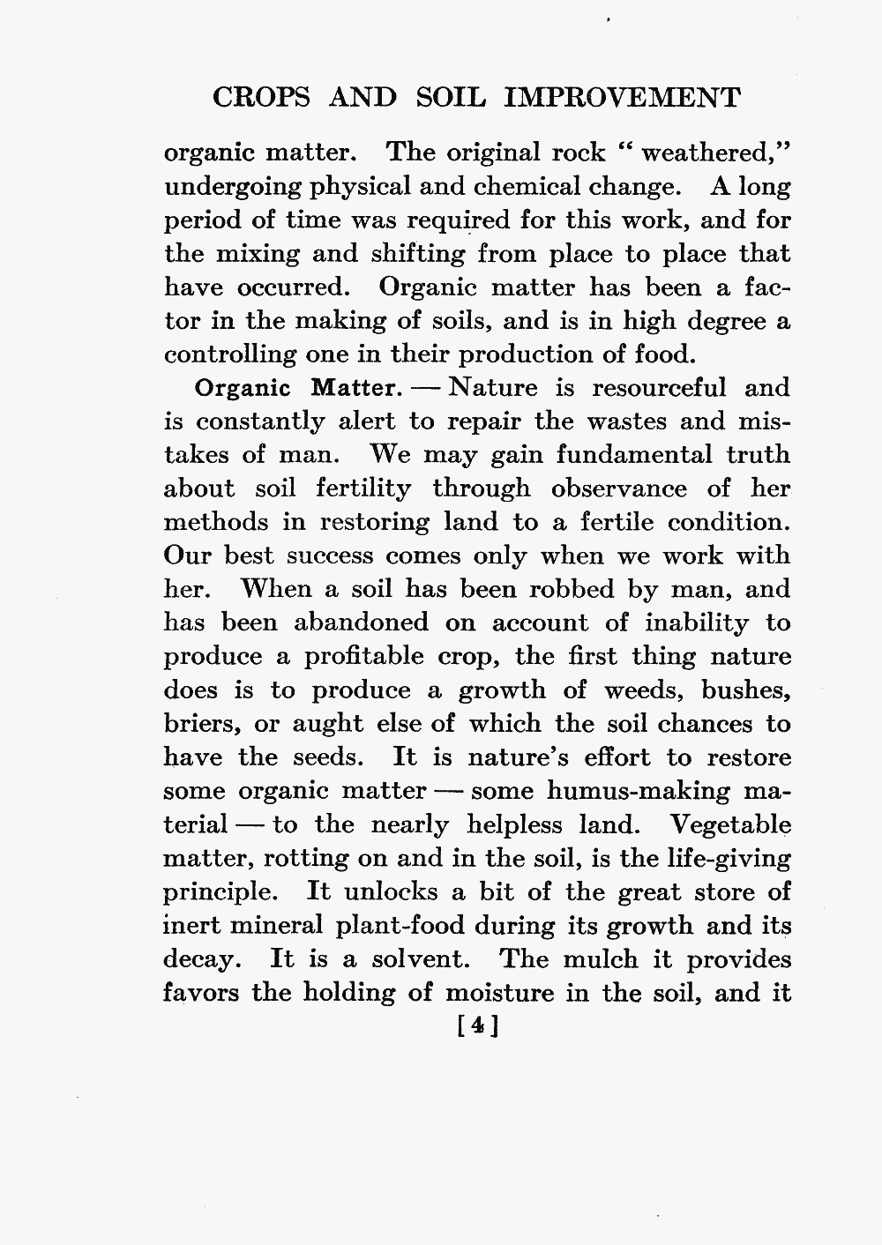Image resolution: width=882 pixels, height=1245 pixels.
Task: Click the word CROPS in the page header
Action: [x=262, y=97]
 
